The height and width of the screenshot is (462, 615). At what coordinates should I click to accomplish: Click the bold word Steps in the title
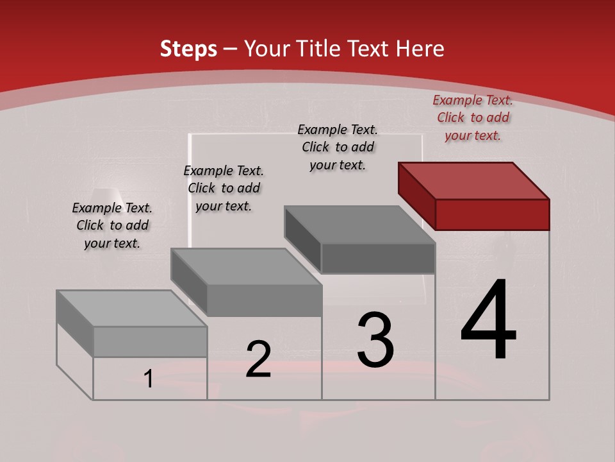[x=188, y=49]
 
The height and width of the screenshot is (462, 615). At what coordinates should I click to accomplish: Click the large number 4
[x=488, y=320]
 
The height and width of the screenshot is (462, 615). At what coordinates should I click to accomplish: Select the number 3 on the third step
[x=375, y=340]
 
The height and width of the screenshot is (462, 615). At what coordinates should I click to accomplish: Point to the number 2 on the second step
[x=258, y=359]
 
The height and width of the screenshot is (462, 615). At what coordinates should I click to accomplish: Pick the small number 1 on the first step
[x=149, y=379]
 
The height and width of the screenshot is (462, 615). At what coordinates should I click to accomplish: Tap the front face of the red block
[x=492, y=214]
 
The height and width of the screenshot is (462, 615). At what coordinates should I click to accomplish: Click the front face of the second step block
[x=265, y=300]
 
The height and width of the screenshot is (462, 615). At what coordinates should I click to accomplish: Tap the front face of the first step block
[x=150, y=341]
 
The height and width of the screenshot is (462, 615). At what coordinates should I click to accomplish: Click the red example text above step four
[x=473, y=117]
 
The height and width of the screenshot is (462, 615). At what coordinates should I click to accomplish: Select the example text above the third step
[x=338, y=147]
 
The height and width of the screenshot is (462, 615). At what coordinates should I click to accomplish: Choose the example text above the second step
[x=224, y=188]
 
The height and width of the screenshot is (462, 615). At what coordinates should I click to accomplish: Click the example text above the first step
[x=112, y=225]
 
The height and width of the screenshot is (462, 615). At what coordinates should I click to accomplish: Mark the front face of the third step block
[x=378, y=258]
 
